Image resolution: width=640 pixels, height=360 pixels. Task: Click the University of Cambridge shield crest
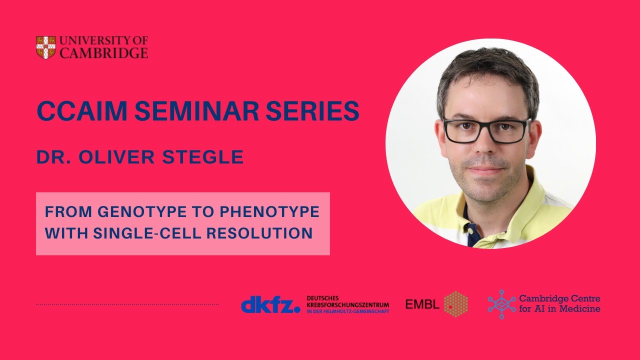pyautogui.click(x=45, y=47)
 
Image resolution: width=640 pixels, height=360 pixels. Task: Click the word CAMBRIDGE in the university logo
pyautogui.click(x=103, y=53)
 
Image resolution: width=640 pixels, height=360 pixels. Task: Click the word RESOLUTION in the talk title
pyautogui.click(x=265, y=233)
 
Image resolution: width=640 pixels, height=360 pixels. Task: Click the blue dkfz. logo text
pyautogui.click(x=270, y=304)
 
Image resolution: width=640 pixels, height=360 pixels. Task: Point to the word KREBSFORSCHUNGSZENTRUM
pyautogui.click(x=347, y=304)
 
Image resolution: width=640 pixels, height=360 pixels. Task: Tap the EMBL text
pyautogui.click(x=422, y=304)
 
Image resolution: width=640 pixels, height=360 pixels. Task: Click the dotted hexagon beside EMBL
pyautogui.click(x=456, y=304)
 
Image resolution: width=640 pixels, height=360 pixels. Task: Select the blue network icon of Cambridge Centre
pyautogui.click(x=501, y=304)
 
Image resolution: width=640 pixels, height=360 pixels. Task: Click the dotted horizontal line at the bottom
pyautogui.click(x=127, y=304)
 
